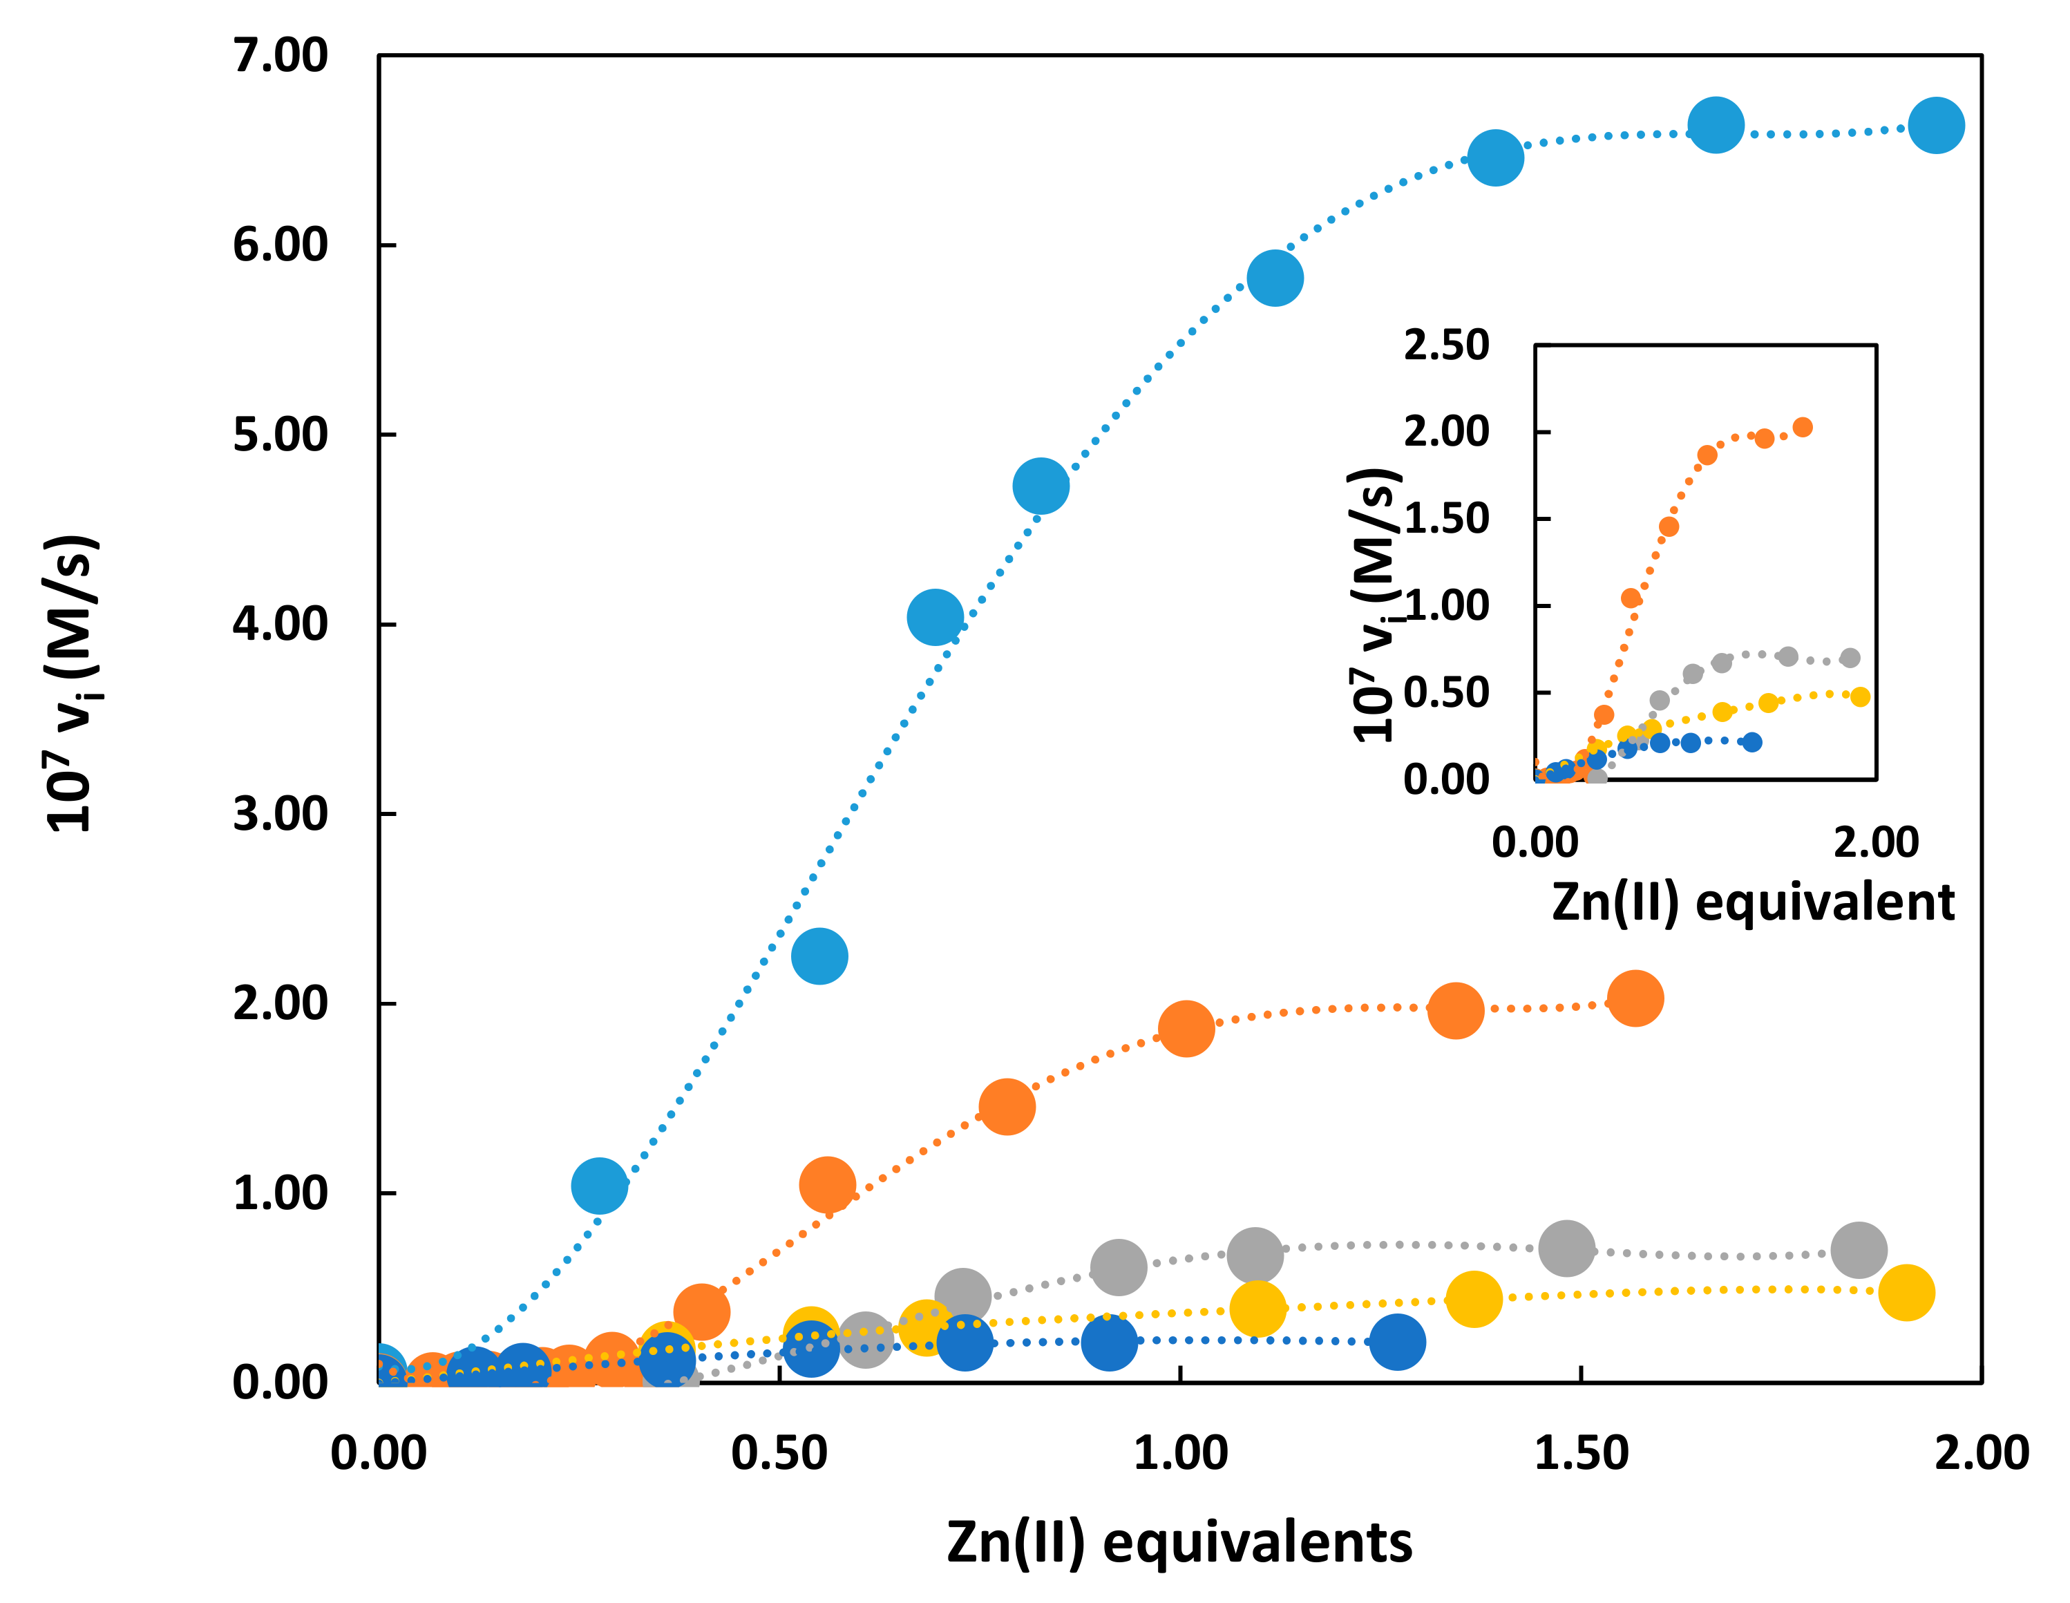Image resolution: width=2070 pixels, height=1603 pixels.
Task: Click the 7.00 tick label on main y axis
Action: point(280,57)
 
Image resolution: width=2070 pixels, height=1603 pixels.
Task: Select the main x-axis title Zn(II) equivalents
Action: point(1179,1542)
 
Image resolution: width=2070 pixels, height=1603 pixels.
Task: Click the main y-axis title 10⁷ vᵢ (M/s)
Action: point(72,683)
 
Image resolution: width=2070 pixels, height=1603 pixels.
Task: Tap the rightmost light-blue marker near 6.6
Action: point(1935,125)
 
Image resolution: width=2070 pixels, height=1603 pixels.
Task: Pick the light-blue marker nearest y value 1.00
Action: point(599,1185)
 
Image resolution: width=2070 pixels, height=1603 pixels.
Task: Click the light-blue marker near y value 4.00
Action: point(935,617)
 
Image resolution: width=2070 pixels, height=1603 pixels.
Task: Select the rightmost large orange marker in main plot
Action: point(1635,998)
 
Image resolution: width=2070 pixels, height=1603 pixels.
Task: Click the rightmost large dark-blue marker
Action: point(1397,1341)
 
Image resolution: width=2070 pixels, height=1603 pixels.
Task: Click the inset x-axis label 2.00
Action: point(1876,842)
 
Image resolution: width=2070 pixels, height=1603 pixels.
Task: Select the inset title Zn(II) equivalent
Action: point(1752,902)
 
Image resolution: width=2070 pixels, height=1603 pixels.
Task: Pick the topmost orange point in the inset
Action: point(1803,428)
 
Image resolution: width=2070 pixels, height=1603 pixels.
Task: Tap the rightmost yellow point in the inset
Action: point(1859,696)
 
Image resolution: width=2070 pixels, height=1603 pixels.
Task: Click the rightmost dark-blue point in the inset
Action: point(1752,742)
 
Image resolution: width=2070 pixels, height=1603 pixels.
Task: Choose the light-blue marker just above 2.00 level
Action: point(819,956)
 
